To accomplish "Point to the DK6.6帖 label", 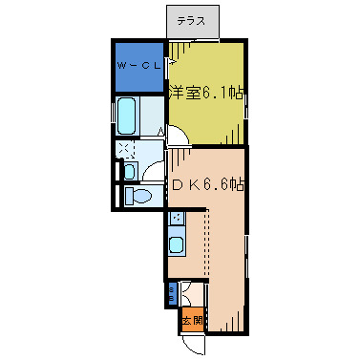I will point(207,183).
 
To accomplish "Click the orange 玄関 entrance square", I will point(192,320).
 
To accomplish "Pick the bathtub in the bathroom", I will point(127,117).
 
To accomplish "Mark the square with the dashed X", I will point(126,150).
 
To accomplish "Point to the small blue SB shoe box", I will point(172,292).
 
